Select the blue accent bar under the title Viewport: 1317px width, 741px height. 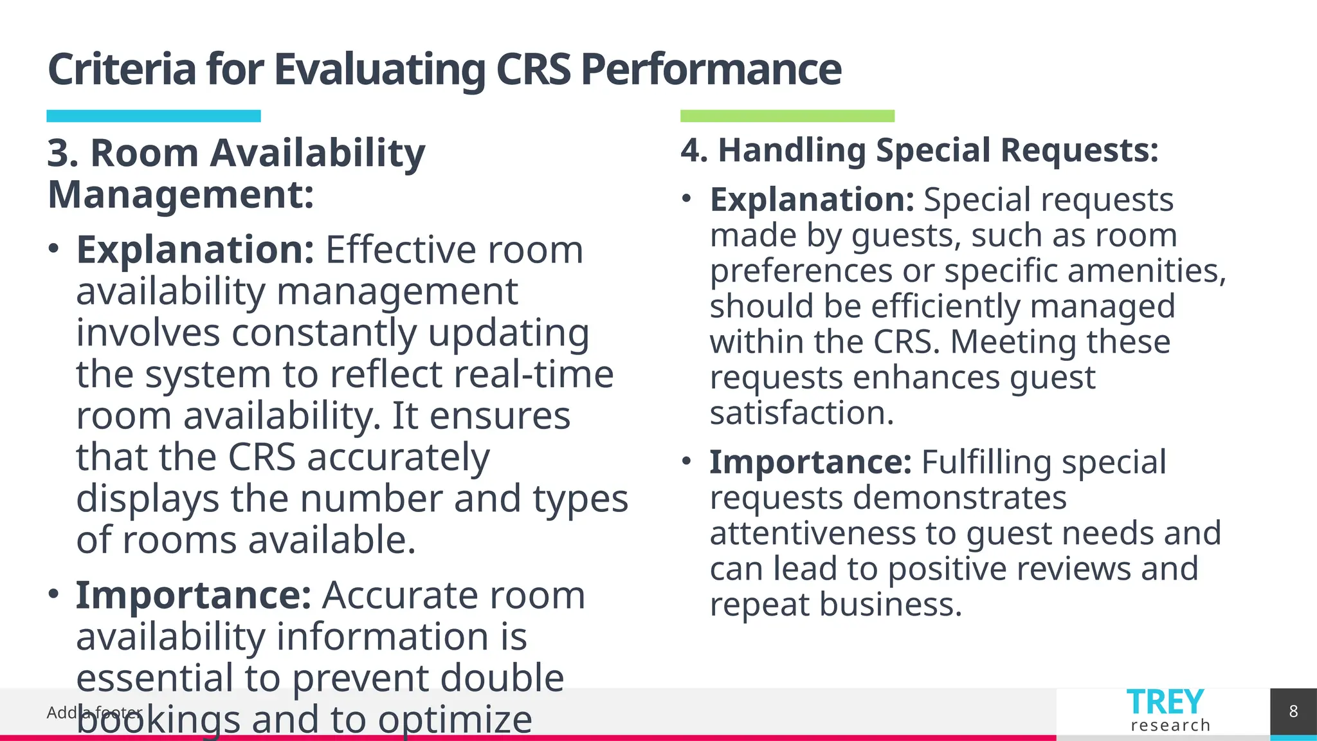(x=154, y=116)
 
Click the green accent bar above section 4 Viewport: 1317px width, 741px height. (x=787, y=116)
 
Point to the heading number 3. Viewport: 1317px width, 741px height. (x=62, y=154)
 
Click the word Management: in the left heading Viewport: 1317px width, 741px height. (x=181, y=195)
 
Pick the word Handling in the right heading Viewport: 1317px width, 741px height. (x=792, y=151)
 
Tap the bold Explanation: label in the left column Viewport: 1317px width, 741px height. (x=195, y=250)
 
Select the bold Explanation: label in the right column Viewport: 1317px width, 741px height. (x=812, y=200)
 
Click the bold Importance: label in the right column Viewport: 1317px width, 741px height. (x=810, y=462)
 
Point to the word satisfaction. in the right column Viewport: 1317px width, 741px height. (x=801, y=413)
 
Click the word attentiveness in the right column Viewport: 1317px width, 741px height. (x=812, y=533)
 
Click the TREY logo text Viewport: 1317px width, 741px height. (x=1165, y=702)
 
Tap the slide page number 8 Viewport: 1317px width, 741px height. (x=1293, y=711)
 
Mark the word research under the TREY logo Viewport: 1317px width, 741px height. (x=1170, y=726)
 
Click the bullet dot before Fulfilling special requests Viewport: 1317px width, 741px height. (x=687, y=461)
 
